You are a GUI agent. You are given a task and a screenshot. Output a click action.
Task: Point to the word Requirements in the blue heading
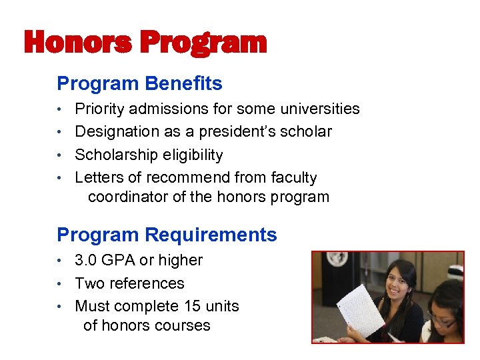tap(211, 235)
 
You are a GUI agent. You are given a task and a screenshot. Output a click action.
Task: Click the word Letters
tap(98, 177)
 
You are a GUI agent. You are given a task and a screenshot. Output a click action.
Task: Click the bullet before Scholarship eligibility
tap(61, 155)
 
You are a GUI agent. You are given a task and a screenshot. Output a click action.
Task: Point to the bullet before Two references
tap(61, 284)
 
